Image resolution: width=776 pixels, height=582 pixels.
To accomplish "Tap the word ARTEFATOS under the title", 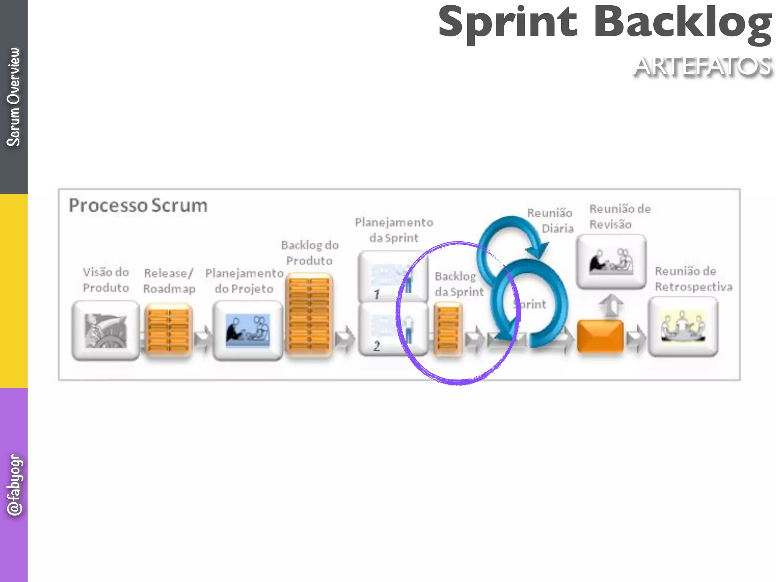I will (703, 67).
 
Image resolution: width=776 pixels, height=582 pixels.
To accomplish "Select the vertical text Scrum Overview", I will (14, 97).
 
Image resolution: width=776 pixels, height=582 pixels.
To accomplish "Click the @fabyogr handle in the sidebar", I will (14, 485).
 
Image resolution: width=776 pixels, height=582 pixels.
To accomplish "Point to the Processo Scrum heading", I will (138, 206).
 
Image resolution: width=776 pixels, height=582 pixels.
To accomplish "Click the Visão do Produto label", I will (106, 280).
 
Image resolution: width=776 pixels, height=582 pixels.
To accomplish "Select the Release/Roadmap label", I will (169, 281).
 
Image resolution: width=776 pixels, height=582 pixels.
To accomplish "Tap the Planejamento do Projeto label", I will (244, 281).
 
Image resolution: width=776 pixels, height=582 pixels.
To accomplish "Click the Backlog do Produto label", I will (310, 253).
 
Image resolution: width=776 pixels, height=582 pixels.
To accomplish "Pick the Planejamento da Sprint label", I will (394, 230).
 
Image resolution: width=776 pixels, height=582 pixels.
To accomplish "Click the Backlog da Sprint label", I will (459, 284).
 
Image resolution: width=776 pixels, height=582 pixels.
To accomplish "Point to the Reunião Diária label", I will (550, 221).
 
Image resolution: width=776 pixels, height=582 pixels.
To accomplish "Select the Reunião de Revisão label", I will (620, 216).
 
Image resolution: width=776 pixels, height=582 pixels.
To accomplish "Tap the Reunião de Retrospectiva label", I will (693, 279).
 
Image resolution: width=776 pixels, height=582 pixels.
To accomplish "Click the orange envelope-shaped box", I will (600, 336).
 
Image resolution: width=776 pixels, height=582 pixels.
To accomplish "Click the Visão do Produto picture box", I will (106, 330).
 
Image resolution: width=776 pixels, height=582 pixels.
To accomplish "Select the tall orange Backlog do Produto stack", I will (309, 314).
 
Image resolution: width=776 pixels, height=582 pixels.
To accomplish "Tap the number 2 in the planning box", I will (377, 346).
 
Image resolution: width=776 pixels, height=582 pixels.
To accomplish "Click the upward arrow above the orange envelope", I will (611, 305).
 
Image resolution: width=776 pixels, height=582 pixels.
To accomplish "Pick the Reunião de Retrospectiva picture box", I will (683, 327).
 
